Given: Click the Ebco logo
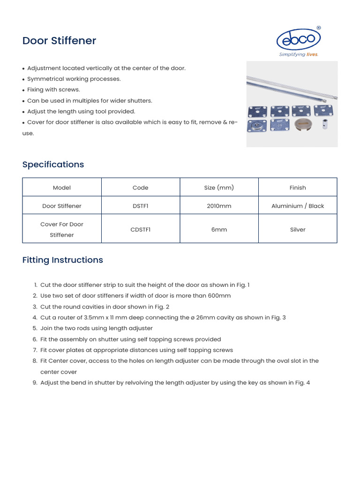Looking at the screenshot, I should (299, 40).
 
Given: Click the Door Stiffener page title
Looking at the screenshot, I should (59, 41).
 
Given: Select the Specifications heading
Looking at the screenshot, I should (53, 165).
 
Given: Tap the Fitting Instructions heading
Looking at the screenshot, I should (62, 260).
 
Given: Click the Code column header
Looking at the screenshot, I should (140, 187).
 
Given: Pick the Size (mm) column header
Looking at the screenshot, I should (219, 187).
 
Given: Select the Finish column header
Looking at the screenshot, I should (298, 187).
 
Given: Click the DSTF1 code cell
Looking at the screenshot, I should (140, 206).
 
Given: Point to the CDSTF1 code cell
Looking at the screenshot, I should (140, 230).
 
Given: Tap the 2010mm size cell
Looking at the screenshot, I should (219, 206).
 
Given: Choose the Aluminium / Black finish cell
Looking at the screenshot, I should (298, 206).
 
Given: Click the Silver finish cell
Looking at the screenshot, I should (298, 230).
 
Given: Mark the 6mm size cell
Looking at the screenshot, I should (219, 230).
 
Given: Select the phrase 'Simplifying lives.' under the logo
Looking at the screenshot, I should (299, 54).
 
